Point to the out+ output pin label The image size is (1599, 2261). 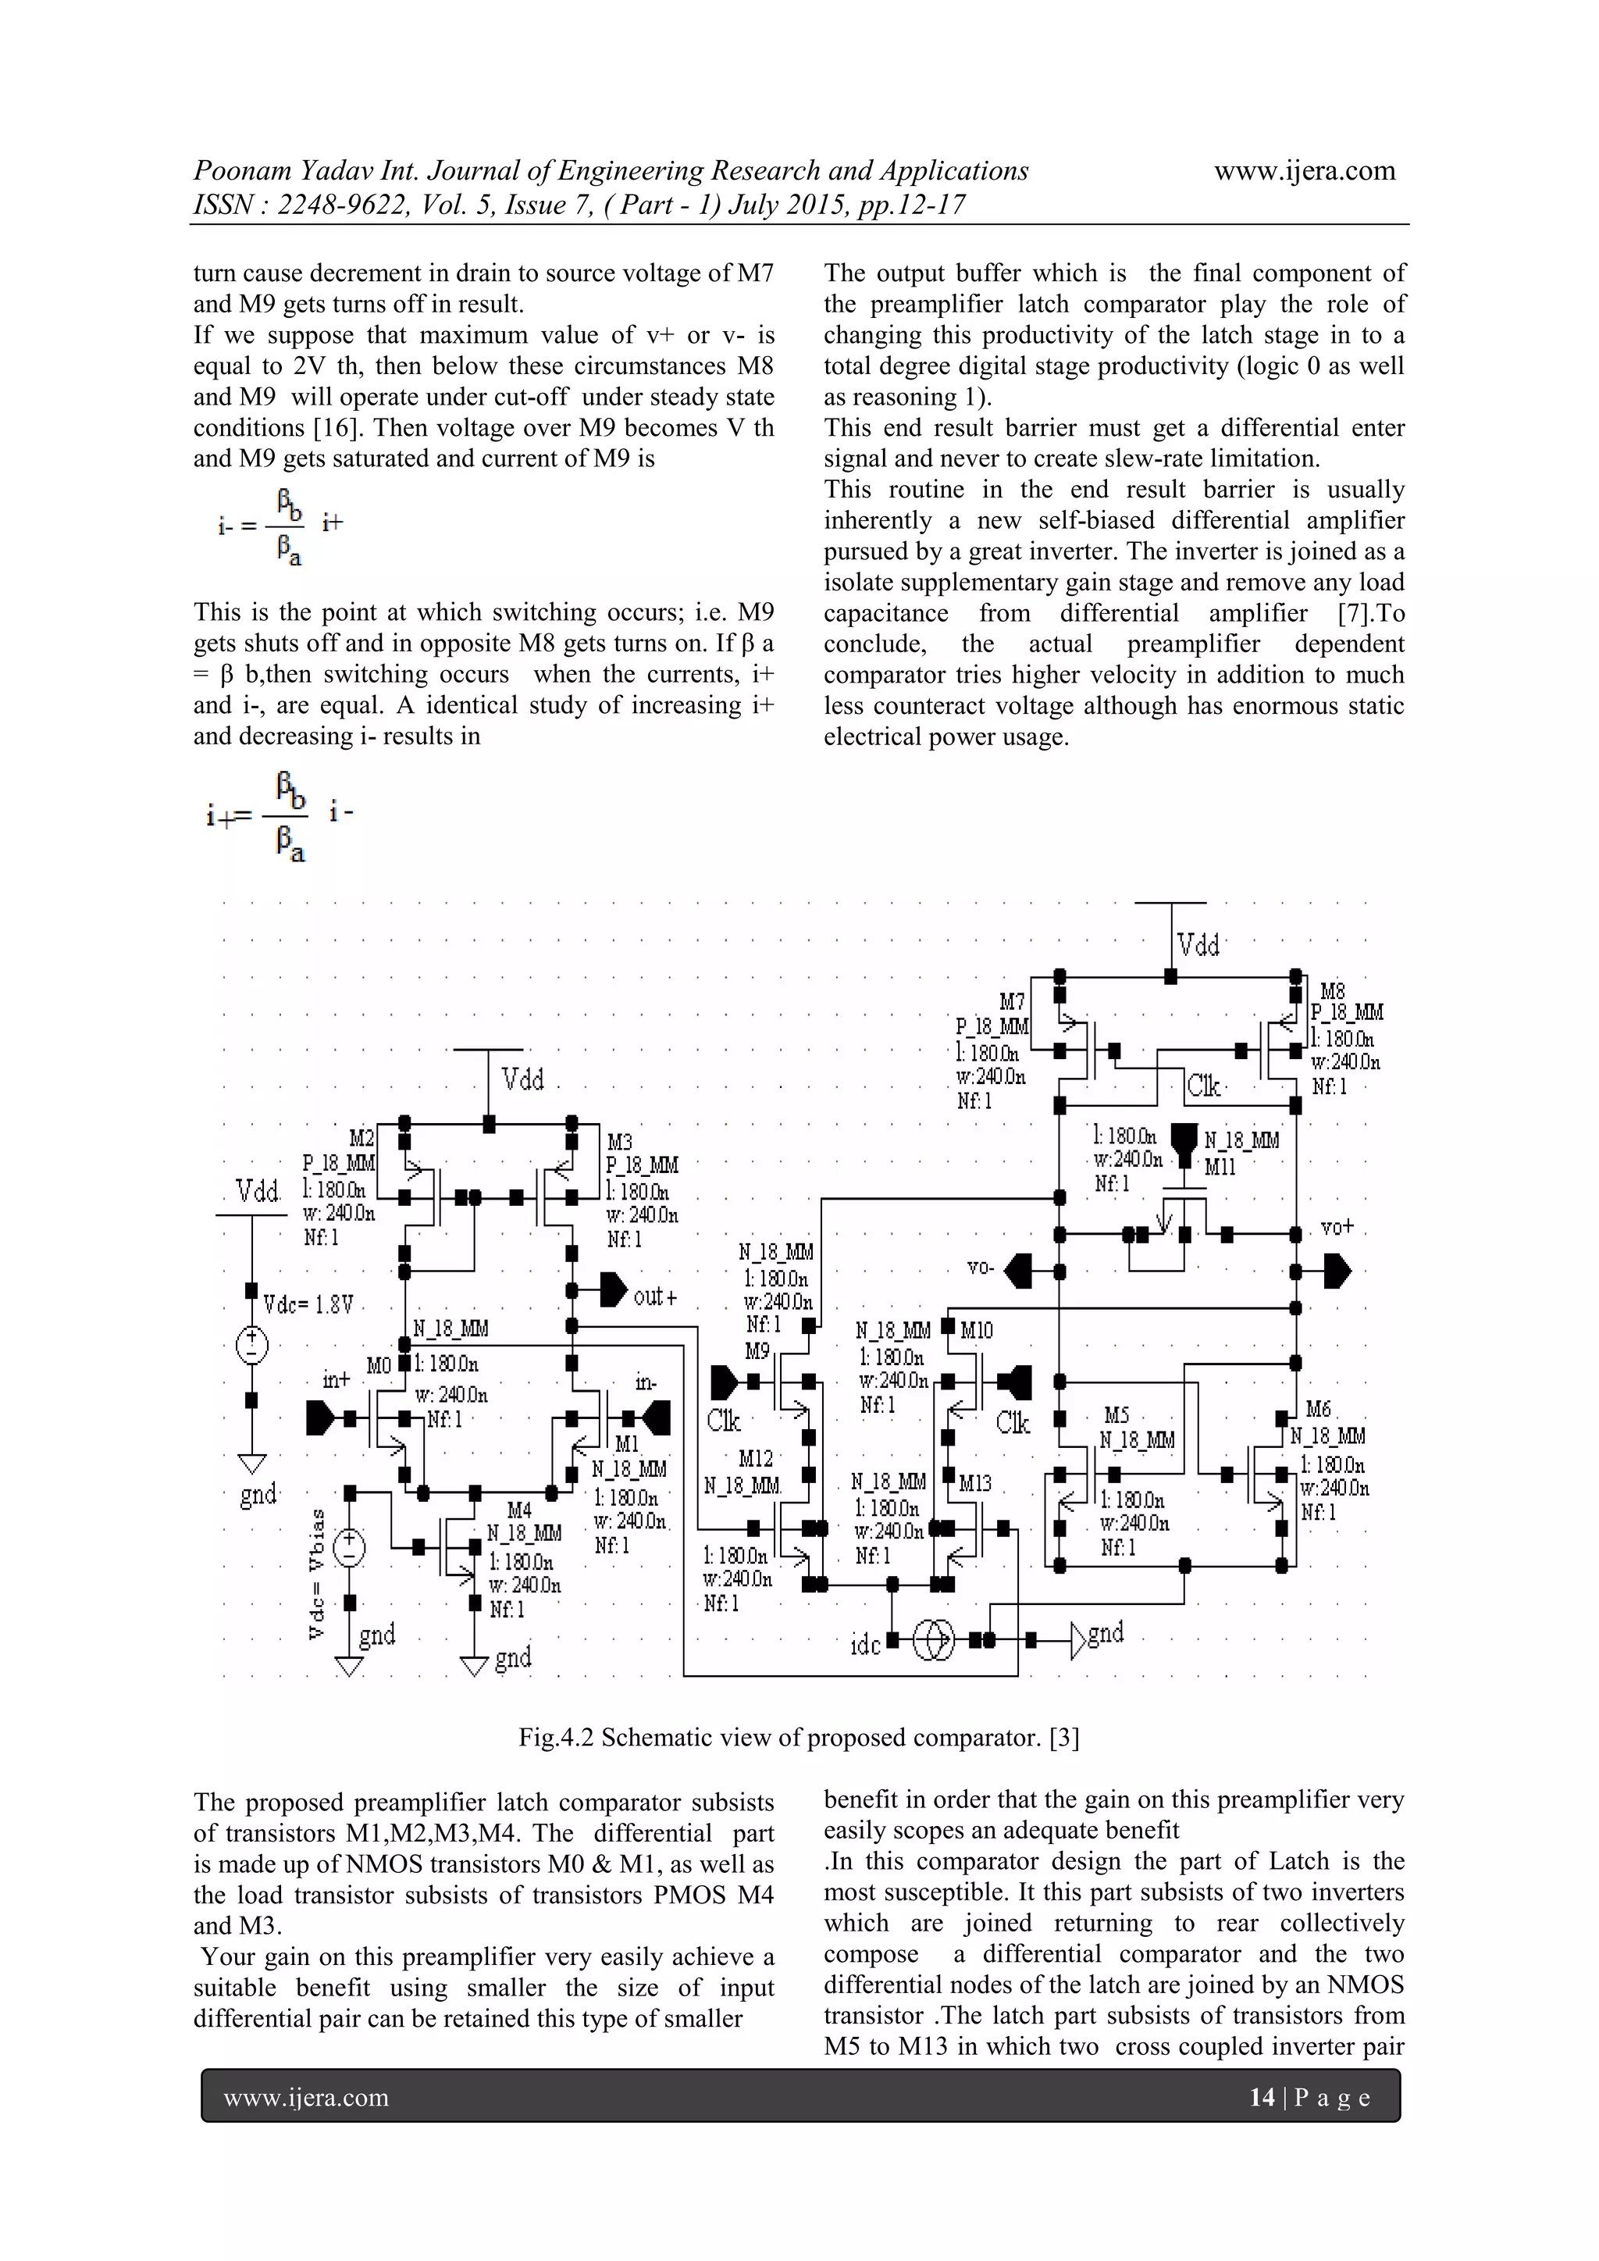(656, 1297)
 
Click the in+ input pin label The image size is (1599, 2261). (336, 1380)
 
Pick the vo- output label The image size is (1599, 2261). (980, 1268)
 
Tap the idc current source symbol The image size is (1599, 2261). (932, 1639)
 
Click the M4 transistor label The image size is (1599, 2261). (519, 1510)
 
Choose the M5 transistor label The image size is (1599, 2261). (1116, 1415)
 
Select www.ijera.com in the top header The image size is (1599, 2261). (1304, 170)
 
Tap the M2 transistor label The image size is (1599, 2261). (361, 1139)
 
